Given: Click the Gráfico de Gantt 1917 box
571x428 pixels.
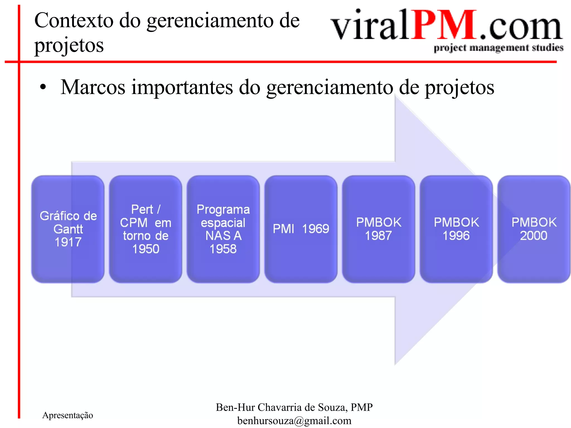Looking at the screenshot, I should [68, 229].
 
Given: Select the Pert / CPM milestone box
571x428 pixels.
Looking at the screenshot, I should [145, 229].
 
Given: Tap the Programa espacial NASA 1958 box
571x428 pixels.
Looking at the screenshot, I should [223, 229].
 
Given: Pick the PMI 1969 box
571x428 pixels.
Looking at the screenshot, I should [301, 229].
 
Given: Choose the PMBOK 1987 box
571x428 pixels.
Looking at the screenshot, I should [378, 229].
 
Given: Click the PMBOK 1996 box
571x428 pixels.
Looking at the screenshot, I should [456, 229].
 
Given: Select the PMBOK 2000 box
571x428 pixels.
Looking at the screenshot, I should [534, 229].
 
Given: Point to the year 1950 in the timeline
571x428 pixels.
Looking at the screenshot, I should [146, 249].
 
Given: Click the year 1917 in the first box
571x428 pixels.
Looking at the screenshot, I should [68, 242].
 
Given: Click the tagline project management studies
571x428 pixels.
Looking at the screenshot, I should [498, 48].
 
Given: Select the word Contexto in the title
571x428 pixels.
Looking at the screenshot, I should [74, 21].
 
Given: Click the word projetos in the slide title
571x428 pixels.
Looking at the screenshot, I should [69, 45].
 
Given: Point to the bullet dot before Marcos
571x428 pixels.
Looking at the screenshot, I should [43, 87].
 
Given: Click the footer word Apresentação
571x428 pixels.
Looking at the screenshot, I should [67, 415].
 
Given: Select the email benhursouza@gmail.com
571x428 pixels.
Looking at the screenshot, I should [294, 421].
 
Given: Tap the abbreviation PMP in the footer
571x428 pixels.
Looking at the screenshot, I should [362, 407].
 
